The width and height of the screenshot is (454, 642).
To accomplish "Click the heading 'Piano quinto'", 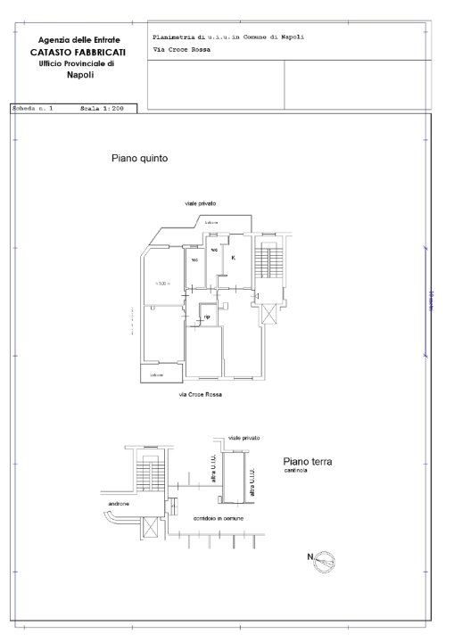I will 140,158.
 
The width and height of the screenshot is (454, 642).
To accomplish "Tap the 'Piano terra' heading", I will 307,461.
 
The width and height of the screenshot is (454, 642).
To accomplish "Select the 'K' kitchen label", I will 234,258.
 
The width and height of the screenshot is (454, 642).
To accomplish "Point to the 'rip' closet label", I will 207,317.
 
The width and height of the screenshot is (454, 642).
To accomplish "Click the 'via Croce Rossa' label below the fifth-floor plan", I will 201,393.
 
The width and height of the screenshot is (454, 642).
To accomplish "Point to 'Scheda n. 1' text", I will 33,108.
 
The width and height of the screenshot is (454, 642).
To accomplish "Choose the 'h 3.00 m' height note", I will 162,284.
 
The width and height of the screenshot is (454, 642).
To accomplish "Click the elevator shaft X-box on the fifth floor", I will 269,314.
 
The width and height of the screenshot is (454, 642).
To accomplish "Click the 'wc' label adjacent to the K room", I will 214,251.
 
